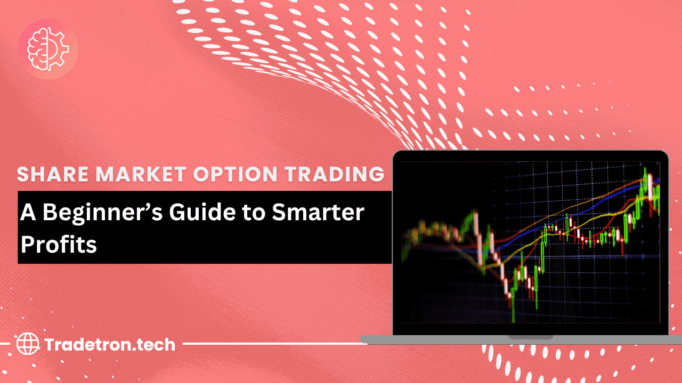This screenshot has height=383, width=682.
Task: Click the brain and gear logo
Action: point(48,49)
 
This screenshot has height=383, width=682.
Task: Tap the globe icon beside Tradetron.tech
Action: point(28,344)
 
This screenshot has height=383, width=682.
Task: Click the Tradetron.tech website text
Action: point(110,345)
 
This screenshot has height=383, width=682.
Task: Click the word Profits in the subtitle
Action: point(59,245)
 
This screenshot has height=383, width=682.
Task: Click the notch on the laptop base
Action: point(530,337)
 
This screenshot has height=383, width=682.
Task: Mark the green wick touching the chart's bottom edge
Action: point(514,314)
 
